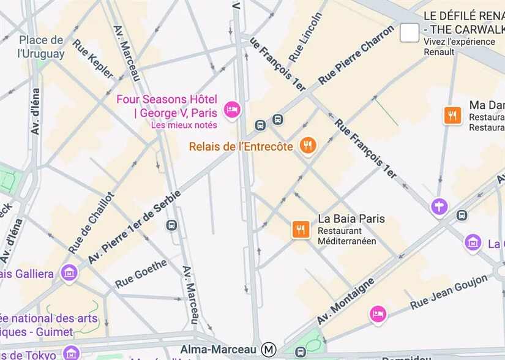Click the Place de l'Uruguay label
tap(41, 47)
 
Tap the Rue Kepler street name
tap(93, 59)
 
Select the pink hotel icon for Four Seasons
tap(232, 110)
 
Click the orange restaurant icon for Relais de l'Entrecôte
tap(308, 146)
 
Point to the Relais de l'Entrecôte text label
tap(241, 147)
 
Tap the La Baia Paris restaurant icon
tap(300, 230)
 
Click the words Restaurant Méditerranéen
tap(346, 236)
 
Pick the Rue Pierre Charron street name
tap(356, 54)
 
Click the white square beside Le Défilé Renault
tap(410, 33)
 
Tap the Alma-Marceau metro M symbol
tap(268, 350)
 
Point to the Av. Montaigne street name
tap(345, 301)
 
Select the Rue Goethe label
tap(141, 274)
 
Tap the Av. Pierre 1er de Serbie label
tap(134, 227)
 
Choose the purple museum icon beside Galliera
tap(70, 272)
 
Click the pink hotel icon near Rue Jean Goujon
tap(378, 314)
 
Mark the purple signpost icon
tap(439, 206)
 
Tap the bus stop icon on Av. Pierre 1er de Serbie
tap(172, 225)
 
